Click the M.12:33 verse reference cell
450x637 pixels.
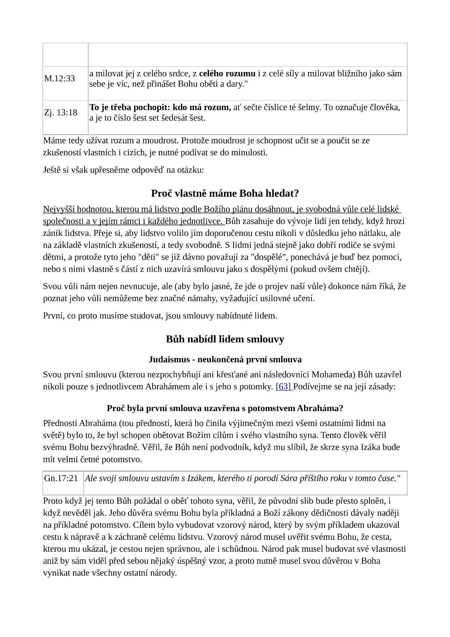(x=60, y=79)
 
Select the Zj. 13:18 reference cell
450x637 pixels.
(x=61, y=112)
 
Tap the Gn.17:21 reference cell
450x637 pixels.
(x=61, y=478)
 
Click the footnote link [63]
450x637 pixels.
(x=284, y=387)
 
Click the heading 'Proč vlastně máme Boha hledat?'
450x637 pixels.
(x=225, y=193)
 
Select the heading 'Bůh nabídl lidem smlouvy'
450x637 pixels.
(x=225, y=339)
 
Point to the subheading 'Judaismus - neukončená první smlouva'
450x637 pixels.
(x=225, y=359)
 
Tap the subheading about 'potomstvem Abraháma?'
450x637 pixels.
(x=225, y=408)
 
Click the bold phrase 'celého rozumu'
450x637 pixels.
(x=227, y=73)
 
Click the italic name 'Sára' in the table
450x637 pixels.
(x=289, y=478)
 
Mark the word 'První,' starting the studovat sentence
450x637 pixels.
(x=54, y=316)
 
